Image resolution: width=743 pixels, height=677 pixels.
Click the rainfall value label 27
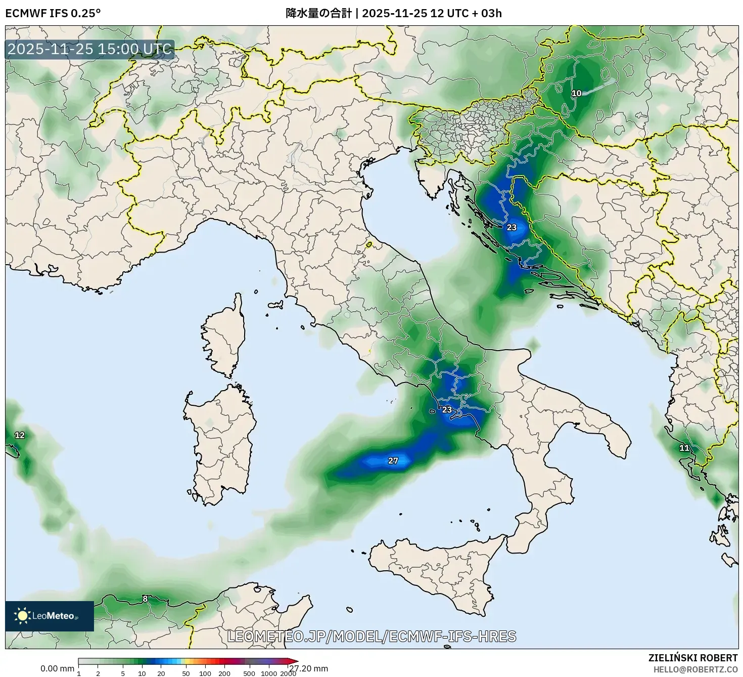click(393, 460)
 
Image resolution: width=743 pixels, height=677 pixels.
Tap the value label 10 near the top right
click(577, 93)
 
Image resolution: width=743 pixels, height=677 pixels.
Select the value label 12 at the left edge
click(19, 435)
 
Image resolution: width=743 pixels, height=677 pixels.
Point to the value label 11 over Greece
click(684, 448)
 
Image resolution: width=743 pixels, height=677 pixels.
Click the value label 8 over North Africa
click(145, 599)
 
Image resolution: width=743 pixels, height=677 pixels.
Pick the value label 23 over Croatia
click(512, 227)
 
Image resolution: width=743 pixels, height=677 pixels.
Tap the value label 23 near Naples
click(447, 409)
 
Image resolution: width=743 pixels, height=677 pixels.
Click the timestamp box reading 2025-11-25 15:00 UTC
click(90, 49)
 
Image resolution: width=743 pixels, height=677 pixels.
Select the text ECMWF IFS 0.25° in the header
click(53, 13)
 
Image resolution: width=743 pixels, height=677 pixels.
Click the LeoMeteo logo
click(50, 616)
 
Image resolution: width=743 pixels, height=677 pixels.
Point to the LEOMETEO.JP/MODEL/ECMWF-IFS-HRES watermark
click(371, 636)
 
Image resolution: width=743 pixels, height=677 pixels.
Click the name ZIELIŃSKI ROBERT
click(692, 658)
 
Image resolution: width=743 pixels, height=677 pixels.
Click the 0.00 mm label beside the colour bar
click(57, 668)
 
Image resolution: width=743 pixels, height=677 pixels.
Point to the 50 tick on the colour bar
click(186, 673)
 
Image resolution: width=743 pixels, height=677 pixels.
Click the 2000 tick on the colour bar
click(288, 673)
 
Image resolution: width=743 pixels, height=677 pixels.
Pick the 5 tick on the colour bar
click(123, 673)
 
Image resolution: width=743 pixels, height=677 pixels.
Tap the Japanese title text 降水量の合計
click(318, 13)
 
